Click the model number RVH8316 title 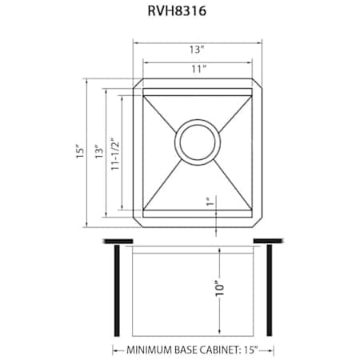(x=177, y=11)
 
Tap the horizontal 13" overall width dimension (x=197, y=50)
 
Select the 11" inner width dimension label (x=199, y=69)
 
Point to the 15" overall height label (x=80, y=151)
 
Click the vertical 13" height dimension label (x=99, y=151)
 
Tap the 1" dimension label (x=210, y=202)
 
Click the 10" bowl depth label (x=220, y=288)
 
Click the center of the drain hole (x=198, y=142)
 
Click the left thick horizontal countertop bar (x=118, y=242)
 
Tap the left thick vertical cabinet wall (x=117, y=290)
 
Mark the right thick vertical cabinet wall (x=270, y=290)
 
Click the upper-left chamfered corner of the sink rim (x=137, y=82)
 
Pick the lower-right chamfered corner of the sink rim (x=258, y=223)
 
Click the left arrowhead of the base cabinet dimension (x=115, y=350)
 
